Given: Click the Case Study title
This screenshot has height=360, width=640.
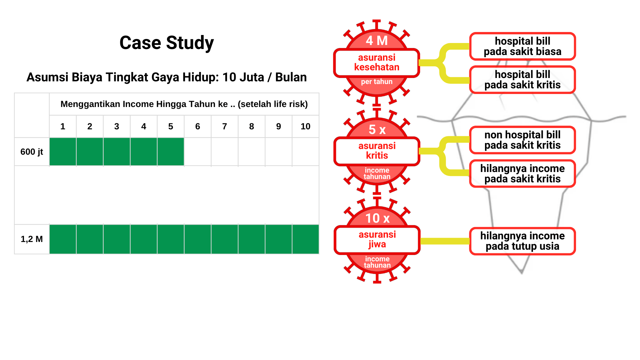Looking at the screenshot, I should click(167, 43).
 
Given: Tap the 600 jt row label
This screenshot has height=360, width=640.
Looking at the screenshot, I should click(32, 152).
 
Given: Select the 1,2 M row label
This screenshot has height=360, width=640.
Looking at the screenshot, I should click(32, 239).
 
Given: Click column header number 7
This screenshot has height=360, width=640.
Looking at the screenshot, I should click(224, 126).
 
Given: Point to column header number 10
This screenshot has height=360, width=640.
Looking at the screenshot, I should click(305, 126).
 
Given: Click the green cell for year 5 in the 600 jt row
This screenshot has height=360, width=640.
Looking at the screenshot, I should click(171, 152).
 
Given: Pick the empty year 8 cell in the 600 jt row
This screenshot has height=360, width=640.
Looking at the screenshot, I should click(252, 152).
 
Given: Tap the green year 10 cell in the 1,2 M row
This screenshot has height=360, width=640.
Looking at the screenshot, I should click(305, 239).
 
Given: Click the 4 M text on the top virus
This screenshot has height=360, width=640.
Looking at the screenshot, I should click(377, 41).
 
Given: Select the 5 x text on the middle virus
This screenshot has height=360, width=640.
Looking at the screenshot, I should click(377, 129).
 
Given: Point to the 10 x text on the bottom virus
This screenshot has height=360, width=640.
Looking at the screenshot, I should click(377, 218).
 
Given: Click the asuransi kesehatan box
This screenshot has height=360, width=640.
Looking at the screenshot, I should click(377, 63).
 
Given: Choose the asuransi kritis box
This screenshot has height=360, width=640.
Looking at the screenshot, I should click(377, 151).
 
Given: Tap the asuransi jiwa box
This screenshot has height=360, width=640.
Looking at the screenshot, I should click(377, 240).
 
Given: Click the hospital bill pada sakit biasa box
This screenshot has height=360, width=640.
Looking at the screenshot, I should click(522, 46).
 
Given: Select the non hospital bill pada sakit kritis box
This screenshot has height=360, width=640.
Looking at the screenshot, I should click(522, 140).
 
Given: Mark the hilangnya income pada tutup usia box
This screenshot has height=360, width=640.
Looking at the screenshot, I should click(522, 241).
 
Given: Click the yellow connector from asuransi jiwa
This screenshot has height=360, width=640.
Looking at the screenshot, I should click(445, 241).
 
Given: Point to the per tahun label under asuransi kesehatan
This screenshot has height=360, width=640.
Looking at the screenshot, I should click(377, 82).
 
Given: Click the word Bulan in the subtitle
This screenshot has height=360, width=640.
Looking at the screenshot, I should click(291, 77).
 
